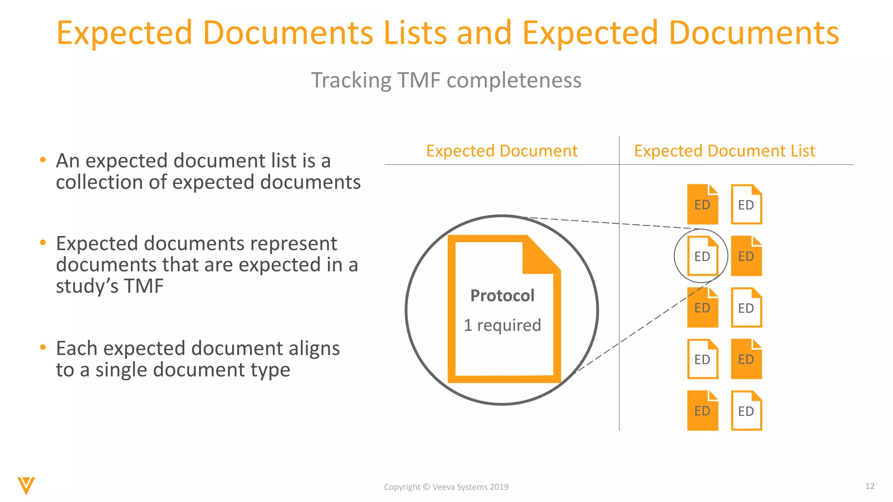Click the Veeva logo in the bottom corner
click(x=26, y=485)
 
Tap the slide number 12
click(x=870, y=486)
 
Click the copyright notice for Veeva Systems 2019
click(x=446, y=487)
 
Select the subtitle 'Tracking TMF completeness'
click(x=446, y=80)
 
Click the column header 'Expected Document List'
click(x=724, y=151)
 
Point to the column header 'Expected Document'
click(x=501, y=151)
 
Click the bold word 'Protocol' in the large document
click(x=502, y=295)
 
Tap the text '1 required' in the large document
click(x=502, y=325)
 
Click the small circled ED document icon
click(x=702, y=256)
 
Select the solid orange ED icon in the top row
click(x=702, y=204)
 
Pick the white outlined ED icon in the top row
click(x=746, y=204)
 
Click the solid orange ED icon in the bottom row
click(x=702, y=410)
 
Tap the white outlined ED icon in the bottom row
click(x=746, y=410)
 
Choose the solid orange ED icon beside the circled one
click(x=746, y=256)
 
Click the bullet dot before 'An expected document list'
click(x=43, y=160)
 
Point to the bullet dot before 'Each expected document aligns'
click(x=43, y=348)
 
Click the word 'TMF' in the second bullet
click(x=143, y=286)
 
